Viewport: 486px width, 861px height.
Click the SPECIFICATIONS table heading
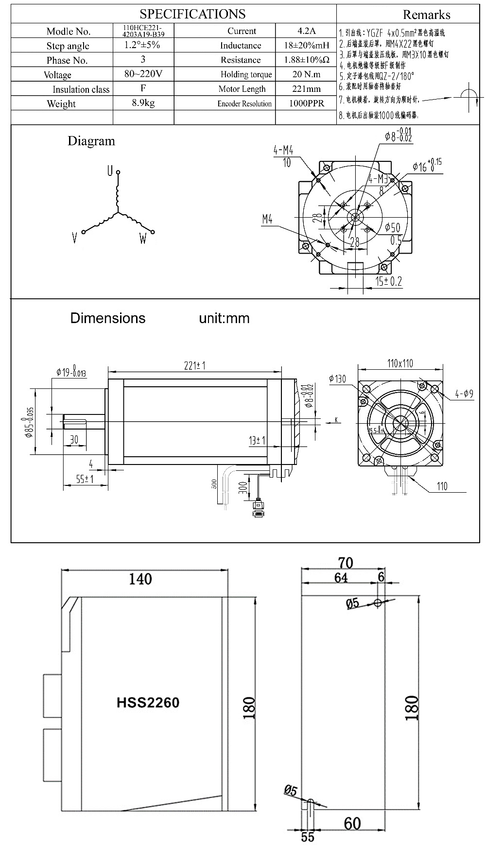coord(192,14)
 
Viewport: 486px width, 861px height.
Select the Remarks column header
coord(426,15)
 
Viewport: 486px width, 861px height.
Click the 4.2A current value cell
coord(306,31)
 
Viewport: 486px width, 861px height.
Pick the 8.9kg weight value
coord(143,103)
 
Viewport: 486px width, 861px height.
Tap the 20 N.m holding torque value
coord(306,74)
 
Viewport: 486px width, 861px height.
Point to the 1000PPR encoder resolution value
coord(306,103)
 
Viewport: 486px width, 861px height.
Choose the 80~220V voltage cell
coord(143,74)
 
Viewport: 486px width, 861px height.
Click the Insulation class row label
coord(81,89)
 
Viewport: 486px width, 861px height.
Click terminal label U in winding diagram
coord(110,171)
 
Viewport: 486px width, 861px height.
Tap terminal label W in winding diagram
coord(143,239)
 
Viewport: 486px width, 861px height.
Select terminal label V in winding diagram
coord(74,238)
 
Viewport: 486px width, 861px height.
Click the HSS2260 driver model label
coord(148,703)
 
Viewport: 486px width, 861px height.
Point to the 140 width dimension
coord(140,579)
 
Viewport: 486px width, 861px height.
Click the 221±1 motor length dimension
coord(194,365)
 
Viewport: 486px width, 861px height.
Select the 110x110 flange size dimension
coord(400,363)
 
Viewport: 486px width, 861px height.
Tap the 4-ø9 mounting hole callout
coord(464,394)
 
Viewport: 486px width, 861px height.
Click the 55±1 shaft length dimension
coord(85,479)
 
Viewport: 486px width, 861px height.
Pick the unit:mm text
coord(224,318)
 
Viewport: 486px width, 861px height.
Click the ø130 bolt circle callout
coord(337,379)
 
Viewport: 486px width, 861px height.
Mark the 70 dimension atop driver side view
coord(345,563)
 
